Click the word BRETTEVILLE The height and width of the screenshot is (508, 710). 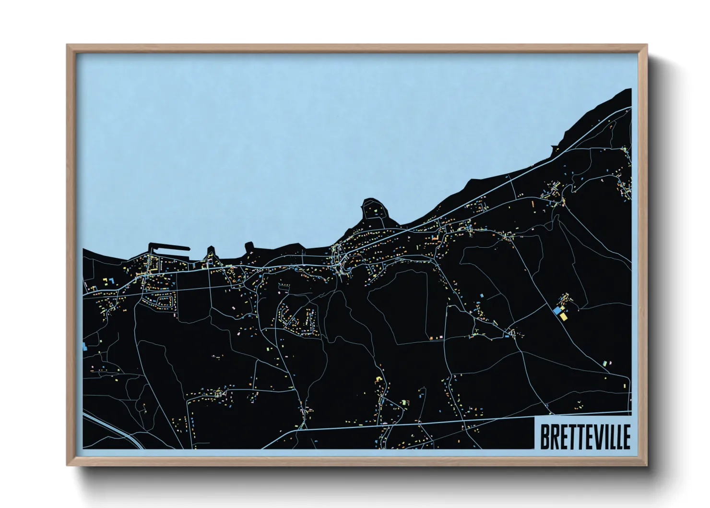585,436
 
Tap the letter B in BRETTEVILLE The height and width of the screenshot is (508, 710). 545,436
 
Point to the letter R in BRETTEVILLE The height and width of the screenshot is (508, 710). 554,436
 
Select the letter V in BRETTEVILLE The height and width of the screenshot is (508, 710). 597,436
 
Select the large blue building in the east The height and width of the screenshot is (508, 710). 557,311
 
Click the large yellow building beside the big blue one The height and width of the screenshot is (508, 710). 563,317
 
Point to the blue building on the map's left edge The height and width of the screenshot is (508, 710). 85,346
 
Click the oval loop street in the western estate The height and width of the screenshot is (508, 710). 163,302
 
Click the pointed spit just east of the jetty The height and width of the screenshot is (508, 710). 211,251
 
